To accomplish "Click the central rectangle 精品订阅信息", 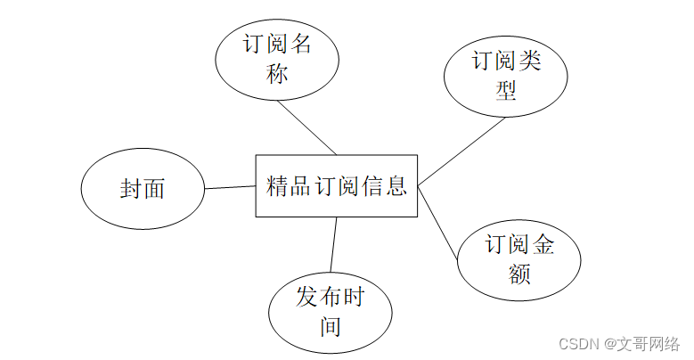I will (337, 185).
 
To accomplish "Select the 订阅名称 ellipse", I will (277, 58).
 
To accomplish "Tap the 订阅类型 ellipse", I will (506, 76).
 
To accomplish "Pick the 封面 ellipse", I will (143, 189).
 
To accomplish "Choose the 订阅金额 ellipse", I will (519, 258).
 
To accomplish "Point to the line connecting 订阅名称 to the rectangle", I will (306, 127).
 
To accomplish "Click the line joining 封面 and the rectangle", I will (230, 187).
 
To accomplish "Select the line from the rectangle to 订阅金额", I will (438, 224).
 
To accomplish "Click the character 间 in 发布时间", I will (331, 327).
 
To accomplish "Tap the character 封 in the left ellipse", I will (131, 189).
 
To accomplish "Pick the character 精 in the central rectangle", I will (278, 186).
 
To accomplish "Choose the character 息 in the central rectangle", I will (396, 186).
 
